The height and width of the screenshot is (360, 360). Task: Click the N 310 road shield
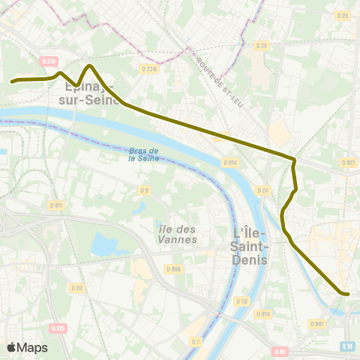click(x=49, y=61)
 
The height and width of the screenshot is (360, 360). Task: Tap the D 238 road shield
click(x=150, y=70)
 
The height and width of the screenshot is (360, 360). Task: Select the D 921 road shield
click(x=347, y=162)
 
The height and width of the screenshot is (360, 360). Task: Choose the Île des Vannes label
click(x=178, y=234)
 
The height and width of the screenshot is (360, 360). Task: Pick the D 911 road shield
click(x=55, y=205)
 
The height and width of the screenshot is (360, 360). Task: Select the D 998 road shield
click(x=175, y=268)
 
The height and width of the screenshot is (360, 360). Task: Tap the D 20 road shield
click(x=76, y=287)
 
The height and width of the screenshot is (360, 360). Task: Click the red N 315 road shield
click(x=58, y=328)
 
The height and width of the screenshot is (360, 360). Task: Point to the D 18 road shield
click(x=241, y=301)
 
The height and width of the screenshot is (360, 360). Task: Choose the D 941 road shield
click(x=317, y=324)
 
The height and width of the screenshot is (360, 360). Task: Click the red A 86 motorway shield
click(x=280, y=351)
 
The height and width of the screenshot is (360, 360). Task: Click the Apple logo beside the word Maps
click(x=11, y=347)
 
